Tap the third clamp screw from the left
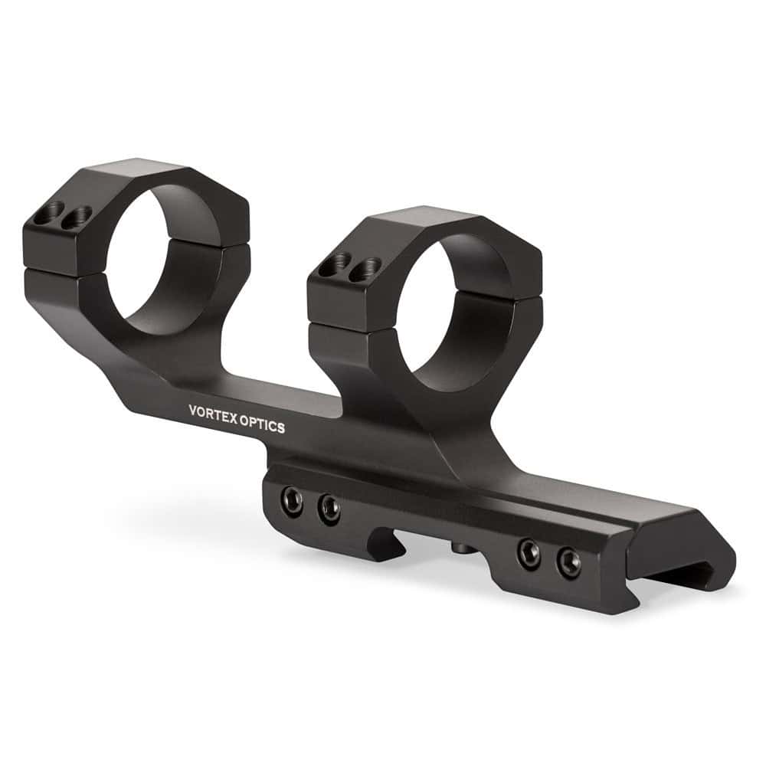529,552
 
